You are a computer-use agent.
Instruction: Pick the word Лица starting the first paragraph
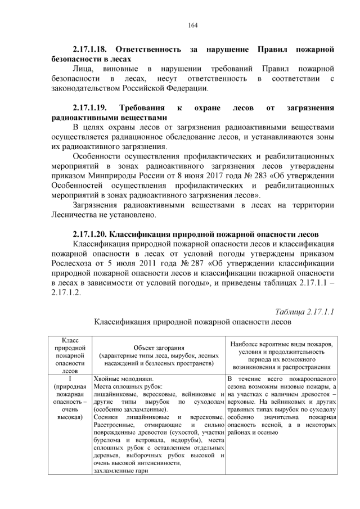pos(83,69)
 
